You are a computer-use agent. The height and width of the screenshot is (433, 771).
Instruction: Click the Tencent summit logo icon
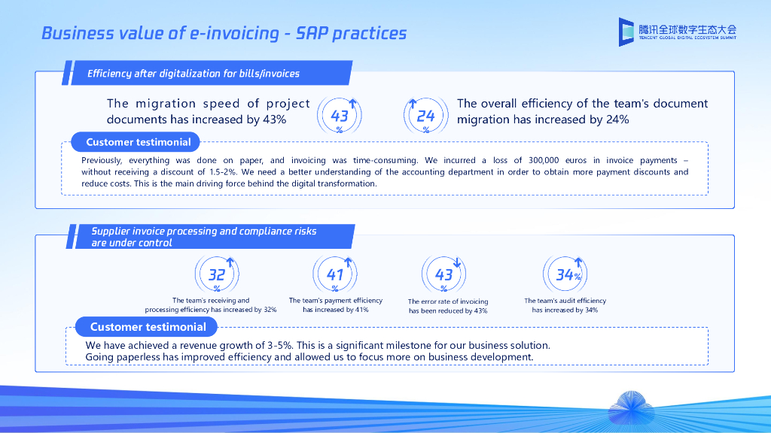coord(626,32)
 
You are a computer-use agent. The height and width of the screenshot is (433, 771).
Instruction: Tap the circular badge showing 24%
coord(426,116)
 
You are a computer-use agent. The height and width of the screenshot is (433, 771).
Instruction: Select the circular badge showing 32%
coord(217,274)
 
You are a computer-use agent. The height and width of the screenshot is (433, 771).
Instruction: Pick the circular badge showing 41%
coord(335,274)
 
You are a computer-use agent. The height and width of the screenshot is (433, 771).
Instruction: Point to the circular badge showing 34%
coord(565,274)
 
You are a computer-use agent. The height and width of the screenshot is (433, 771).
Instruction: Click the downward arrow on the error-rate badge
coord(457,262)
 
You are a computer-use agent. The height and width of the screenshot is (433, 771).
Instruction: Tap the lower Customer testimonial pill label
coord(146,327)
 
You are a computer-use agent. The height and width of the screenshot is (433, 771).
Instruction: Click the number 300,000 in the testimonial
coord(544,160)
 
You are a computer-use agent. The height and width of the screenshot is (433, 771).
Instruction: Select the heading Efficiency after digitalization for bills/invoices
coord(194,74)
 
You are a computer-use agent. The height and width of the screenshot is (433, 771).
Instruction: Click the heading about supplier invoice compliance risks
coord(204,237)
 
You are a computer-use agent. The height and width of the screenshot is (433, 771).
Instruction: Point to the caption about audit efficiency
coord(565,305)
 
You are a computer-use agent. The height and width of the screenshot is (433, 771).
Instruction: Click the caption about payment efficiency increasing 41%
coord(335,305)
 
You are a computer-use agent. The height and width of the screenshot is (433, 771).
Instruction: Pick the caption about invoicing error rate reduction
coord(448,306)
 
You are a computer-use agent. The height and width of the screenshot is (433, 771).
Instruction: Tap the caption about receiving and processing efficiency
coord(211,305)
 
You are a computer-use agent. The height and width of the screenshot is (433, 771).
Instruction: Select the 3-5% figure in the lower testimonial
coord(280,345)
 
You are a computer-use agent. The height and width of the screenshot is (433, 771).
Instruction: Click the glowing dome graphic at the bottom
coord(632,407)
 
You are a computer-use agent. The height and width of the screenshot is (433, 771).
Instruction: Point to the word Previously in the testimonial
coord(102,161)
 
